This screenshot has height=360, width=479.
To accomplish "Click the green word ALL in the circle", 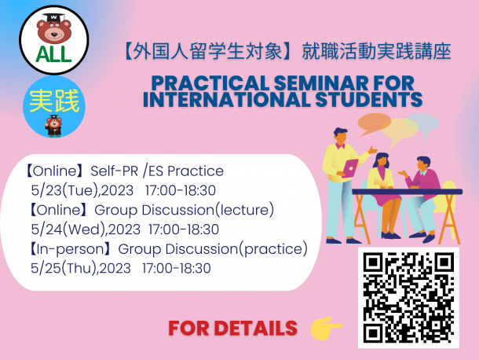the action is [x=53, y=54].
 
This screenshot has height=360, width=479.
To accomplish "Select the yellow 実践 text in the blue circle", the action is [x=54, y=101].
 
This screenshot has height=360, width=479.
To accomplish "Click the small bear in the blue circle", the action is [x=53, y=126].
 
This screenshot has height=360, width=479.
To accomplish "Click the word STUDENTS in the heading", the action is [x=369, y=99].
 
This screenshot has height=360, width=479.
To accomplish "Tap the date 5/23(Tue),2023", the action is [x=82, y=190].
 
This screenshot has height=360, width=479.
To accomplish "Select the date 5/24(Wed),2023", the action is [x=86, y=230].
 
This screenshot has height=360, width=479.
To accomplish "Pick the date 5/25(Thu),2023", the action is [x=81, y=268].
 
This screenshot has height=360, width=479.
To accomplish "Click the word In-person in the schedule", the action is [x=71, y=249].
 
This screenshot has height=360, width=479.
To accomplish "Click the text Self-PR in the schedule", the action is [x=115, y=171].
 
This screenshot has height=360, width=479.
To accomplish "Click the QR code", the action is [x=408, y=298].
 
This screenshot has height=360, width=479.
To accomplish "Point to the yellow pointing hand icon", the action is [x=326, y=328].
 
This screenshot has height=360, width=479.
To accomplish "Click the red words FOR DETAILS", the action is [x=232, y=329].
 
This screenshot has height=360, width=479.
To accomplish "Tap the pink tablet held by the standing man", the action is [x=350, y=168].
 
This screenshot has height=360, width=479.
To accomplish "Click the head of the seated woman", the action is [x=382, y=159].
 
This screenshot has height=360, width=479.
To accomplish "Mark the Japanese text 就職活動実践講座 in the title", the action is [x=377, y=51].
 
